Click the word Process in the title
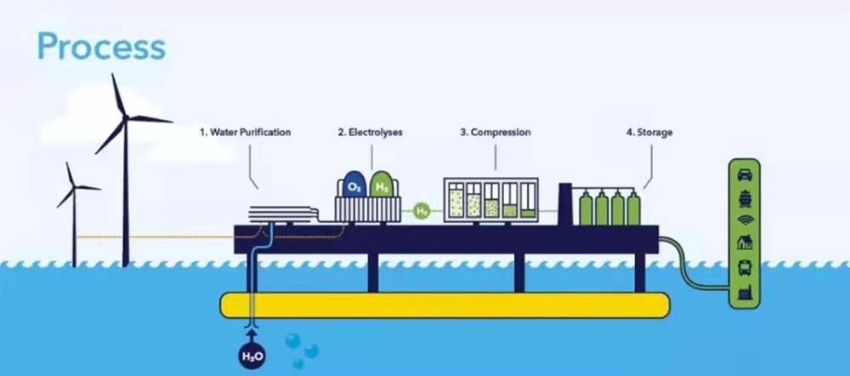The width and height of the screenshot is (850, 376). (x=101, y=47)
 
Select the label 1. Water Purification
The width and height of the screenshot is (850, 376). (x=246, y=133)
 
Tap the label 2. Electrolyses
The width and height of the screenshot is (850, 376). (x=370, y=133)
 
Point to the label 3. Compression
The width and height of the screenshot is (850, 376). (x=496, y=133)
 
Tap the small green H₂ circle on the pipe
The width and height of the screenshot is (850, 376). (x=422, y=208)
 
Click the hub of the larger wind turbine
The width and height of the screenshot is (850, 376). (x=126, y=117)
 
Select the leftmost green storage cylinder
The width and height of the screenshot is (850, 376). (x=586, y=208)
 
